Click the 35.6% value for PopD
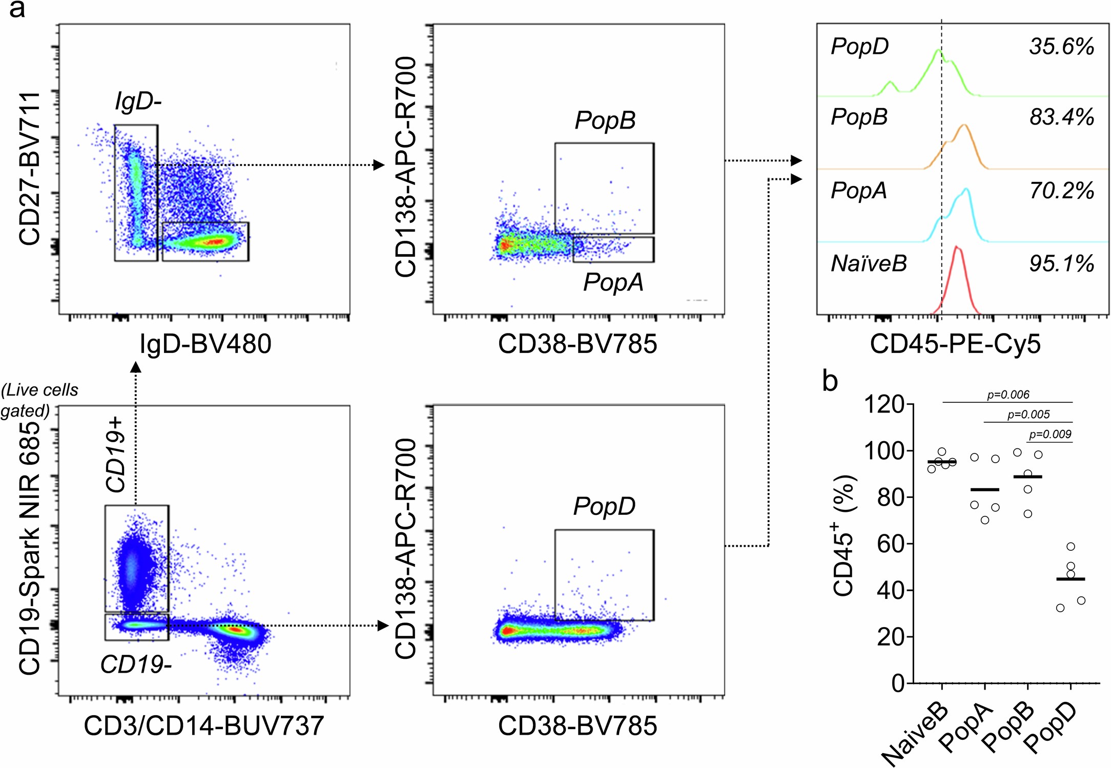(1061, 47)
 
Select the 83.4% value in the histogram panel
(1061, 117)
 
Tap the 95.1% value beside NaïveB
(1061, 264)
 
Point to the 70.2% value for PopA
(1061, 191)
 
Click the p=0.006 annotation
(1008, 395)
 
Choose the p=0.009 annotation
(1050, 434)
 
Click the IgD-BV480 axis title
(205, 344)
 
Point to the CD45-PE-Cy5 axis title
(955, 344)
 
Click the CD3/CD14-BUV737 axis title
(204, 726)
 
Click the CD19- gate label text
(136, 665)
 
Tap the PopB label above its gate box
(605, 121)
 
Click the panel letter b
(830, 381)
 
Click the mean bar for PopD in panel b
(1071, 579)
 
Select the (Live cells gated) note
(39, 400)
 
